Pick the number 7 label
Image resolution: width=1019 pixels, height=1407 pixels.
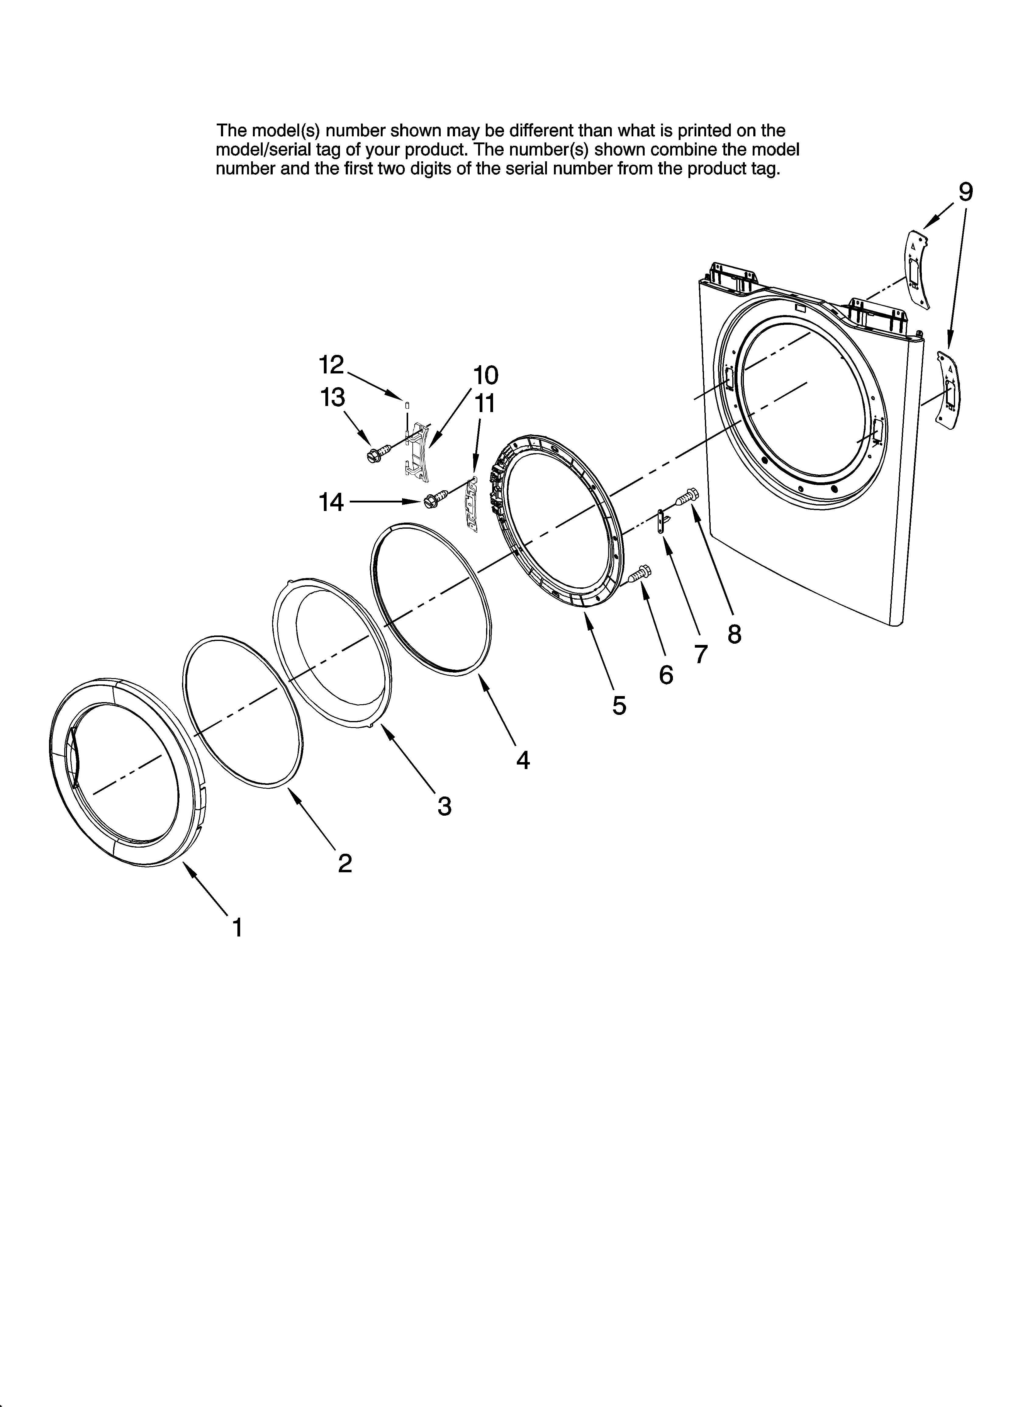pyautogui.click(x=701, y=654)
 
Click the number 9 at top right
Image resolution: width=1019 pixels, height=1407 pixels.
pyautogui.click(x=966, y=192)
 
